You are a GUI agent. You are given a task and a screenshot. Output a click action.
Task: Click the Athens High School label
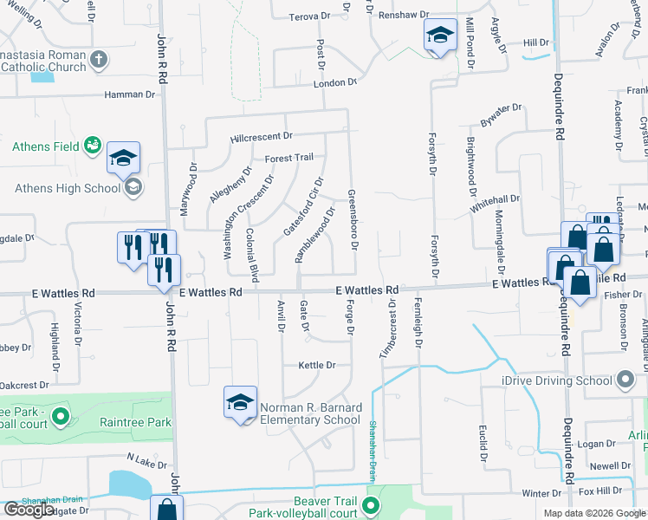(68, 188)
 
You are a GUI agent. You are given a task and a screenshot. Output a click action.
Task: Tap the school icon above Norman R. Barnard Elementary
(240, 401)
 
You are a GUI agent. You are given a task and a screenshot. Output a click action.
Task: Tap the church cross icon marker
(100, 60)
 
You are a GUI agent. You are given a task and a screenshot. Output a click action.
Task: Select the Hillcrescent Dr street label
(262, 137)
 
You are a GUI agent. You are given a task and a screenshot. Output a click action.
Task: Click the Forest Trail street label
(288, 158)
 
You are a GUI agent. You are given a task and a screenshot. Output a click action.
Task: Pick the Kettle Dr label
(316, 366)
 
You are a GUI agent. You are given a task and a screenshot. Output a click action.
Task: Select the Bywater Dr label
(502, 114)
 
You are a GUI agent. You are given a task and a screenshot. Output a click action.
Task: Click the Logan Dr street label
(596, 444)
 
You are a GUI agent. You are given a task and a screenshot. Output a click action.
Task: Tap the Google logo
(29, 510)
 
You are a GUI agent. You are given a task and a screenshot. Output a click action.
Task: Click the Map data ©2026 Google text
(594, 513)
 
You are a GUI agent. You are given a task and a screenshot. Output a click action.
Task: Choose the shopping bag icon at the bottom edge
(166, 510)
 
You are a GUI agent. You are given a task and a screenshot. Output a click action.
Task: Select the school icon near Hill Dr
(440, 36)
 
